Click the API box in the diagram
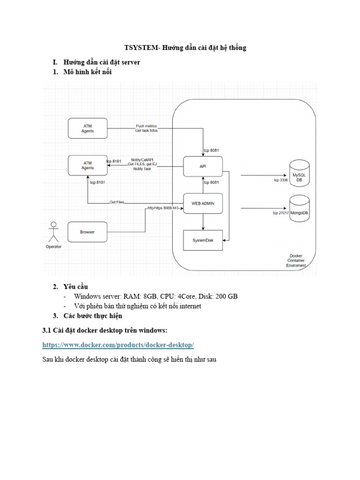click(x=202, y=165)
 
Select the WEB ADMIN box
click(x=202, y=203)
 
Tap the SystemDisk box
click(x=202, y=240)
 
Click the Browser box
click(x=87, y=232)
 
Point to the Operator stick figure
click(x=53, y=232)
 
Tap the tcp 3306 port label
click(x=281, y=180)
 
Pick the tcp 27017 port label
click(x=280, y=213)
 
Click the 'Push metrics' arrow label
click(x=146, y=126)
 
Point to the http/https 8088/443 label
click(x=163, y=208)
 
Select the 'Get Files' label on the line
click(x=117, y=202)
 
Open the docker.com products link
click(x=118, y=345)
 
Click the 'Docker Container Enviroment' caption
click(x=296, y=261)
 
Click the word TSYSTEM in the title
click(x=141, y=47)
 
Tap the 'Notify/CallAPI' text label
click(x=142, y=159)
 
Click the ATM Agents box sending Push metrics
click(x=88, y=128)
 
